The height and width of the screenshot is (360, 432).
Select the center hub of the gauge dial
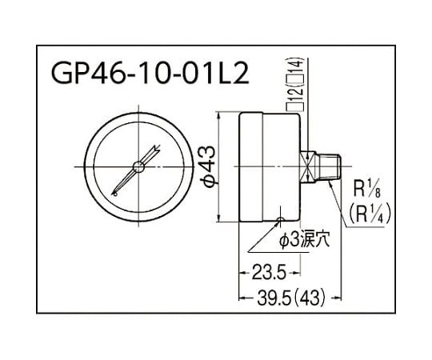(x=138, y=166)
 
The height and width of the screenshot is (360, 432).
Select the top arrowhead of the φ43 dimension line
(x=220, y=114)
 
